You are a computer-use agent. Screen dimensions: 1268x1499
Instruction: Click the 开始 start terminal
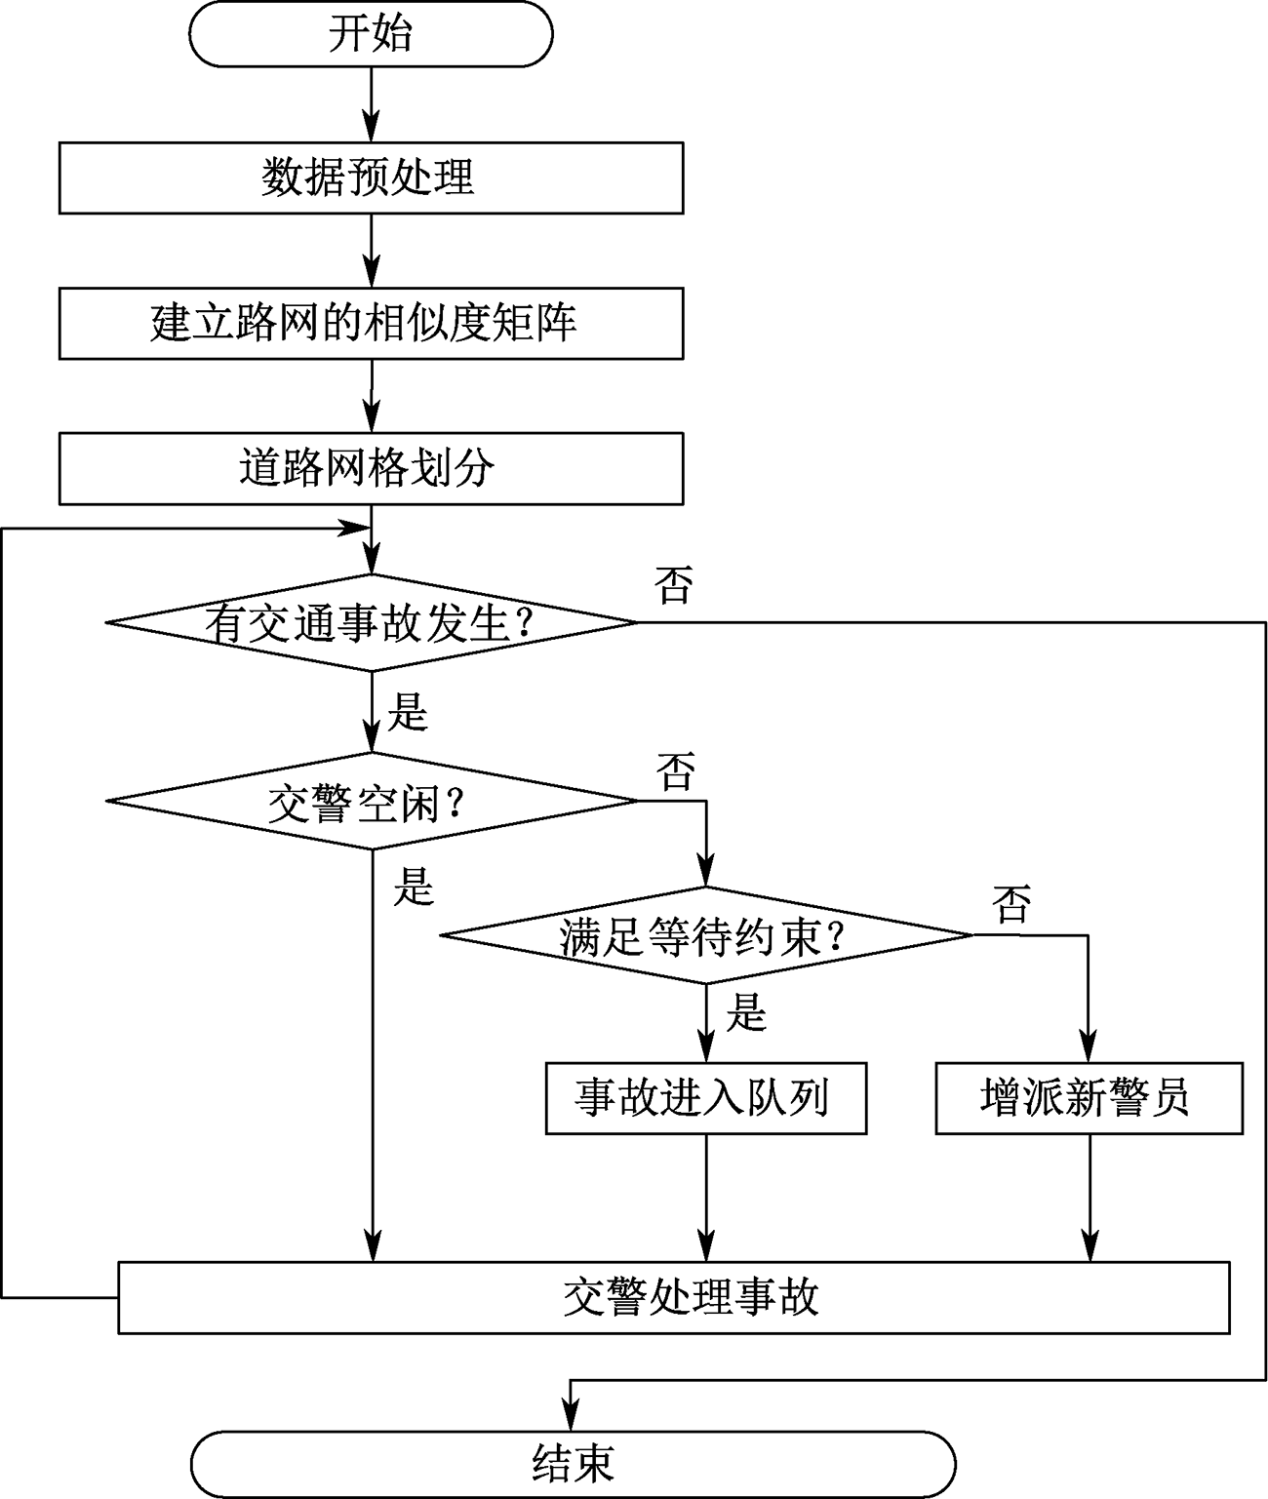(x=371, y=34)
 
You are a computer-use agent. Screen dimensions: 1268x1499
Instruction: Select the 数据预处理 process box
(x=371, y=178)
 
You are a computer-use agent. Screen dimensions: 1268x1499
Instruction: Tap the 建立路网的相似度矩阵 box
(x=371, y=324)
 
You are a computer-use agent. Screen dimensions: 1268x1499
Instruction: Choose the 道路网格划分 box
(x=371, y=468)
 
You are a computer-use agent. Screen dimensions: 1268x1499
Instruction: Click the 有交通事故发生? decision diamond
(x=372, y=623)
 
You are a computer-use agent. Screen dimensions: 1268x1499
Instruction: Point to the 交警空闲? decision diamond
(x=372, y=802)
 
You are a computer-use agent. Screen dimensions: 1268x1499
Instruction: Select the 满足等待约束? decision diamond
(x=706, y=935)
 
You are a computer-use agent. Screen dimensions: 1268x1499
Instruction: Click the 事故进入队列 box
(x=706, y=1099)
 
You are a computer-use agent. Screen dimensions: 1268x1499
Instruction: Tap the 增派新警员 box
(x=1089, y=1099)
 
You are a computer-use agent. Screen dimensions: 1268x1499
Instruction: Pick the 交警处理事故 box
(x=674, y=1298)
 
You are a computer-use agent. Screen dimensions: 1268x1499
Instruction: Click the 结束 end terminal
(x=574, y=1464)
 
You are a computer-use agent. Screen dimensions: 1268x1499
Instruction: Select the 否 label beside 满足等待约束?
(x=1011, y=904)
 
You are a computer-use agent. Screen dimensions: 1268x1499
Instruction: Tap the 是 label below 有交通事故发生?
(x=408, y=712)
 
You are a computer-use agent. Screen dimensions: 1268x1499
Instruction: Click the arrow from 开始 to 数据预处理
(x=371, y=105)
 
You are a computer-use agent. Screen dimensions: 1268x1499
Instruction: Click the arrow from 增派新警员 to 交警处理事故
(x=1089, y=1198)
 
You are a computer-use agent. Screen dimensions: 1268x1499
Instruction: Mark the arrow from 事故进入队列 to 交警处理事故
(x=706, y=1198)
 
